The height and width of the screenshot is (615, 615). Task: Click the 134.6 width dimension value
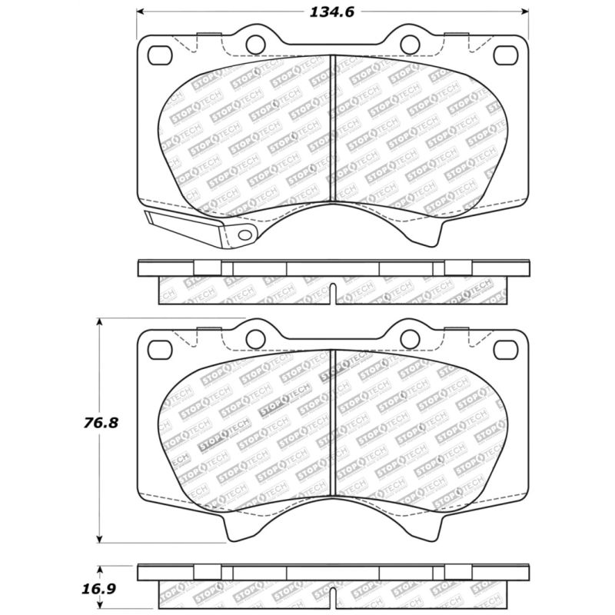331,12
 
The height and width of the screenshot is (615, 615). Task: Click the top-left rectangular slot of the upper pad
160,55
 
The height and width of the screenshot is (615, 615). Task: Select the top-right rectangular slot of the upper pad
505,55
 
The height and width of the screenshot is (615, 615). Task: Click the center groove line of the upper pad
331,131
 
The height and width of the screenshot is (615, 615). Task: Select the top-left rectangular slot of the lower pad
160,348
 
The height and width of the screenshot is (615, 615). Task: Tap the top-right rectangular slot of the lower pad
505,348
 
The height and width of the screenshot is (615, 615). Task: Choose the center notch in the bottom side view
332,597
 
